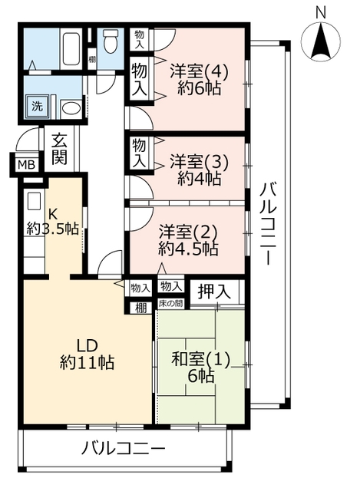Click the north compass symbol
[x=320, y=41]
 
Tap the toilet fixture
[x=110, y=41]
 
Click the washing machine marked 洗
[x=37, y=107]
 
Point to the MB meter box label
[x=26, y=164]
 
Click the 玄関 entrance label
[x=59, y=149]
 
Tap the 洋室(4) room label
[x=199, y=72]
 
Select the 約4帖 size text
[x=200, y=179]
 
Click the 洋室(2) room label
[x=188, y=232]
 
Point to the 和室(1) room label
[x=201, y=360]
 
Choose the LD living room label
[x=88, y=346]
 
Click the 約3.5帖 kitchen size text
[x=52, y=229]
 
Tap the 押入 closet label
[x=214, y=292]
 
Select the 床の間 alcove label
[x=170, y=304]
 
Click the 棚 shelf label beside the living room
[x=140, y=308]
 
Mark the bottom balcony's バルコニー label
[x=123, y=450]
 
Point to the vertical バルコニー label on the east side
[x=269, y=223]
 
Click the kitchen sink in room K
[x=35, y=201]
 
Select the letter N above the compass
[x=321, y=14]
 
